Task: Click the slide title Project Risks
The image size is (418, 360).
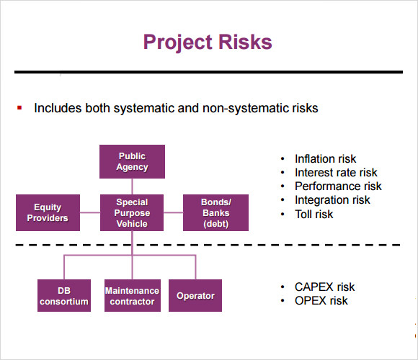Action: pyautogui.click(x=208, y=42)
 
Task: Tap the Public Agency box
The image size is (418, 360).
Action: pyautogui.click(x=132, y=161)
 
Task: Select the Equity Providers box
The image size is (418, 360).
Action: pyautogui.click(x=48, y=212)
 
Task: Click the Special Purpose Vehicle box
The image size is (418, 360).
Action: pyautogui.click(x=132, y=212)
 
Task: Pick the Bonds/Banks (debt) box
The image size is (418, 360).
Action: pyautogui.click(x=215, y=212)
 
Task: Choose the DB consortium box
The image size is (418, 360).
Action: pyautogui.click(x=64, y=296)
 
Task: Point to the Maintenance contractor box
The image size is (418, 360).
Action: pyautogui.click(x=133, y=296)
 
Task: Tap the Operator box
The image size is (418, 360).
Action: pyautogui.click(x=195, y=296)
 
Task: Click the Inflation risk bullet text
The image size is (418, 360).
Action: pyautogui.click(x=325, y=158)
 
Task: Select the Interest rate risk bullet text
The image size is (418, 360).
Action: pyautogui.click(x=336, y=173)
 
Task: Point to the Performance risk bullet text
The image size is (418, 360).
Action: pyautogui.click(x=338, y=186)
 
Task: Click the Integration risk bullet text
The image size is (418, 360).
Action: pyautogui.click(x=332, y=200)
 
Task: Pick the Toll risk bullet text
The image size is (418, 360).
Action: pyautogui.click(x=313, y=214)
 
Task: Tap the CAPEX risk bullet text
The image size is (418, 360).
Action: pyautogui.click(x=325, y=287)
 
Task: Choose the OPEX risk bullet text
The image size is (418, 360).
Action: pyautogui.click(x=321, y=301)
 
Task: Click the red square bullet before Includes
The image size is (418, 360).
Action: pyautogui.click(x=19, y=108)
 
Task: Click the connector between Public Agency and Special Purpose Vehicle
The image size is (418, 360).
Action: pyautogui.click(x=132, y=186)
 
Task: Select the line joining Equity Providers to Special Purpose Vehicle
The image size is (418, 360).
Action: pyautogui.click(x=90, y=212)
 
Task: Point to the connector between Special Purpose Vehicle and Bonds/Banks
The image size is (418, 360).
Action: pyautogui.click(x=173, y=212)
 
